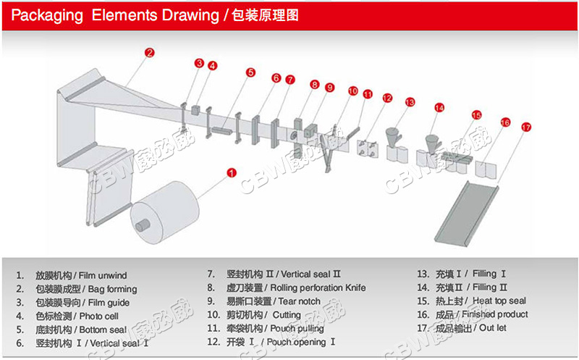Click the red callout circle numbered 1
[x=232, y=172]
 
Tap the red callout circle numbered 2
[x=149, y=52]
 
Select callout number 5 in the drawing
[x=250, y=72]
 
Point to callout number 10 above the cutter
[x=352, y=91]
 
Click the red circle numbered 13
[x=410, y=102]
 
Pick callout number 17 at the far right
[x=526, y=127]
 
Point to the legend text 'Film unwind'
[x=107, y=275]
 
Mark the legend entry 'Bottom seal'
[x=107, y=329]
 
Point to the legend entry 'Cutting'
[x=287, y=315]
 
